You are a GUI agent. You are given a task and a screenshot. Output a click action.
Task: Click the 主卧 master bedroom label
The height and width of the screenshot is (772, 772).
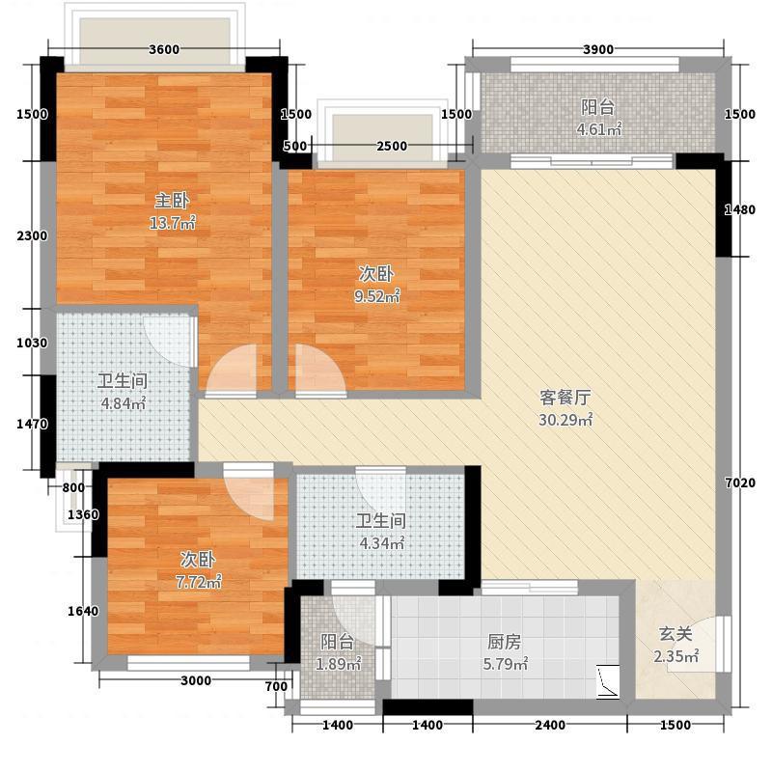172,201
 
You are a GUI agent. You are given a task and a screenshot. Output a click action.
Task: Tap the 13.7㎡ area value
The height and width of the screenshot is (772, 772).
173,223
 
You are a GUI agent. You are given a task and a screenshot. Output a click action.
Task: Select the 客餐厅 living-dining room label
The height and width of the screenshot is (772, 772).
565,398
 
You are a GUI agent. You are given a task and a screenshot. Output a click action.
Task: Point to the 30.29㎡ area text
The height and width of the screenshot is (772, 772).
565,420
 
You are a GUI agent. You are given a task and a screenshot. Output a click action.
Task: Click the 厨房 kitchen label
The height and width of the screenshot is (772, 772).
504,642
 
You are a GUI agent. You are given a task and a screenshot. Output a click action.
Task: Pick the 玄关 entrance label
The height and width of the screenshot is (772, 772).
675,634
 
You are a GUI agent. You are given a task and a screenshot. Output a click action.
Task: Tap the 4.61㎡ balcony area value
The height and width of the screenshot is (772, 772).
598,129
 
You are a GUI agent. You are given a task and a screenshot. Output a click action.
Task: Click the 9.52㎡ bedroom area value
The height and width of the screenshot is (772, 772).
376,296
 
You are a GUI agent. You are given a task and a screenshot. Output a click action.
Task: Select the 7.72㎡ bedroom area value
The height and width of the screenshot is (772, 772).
199,582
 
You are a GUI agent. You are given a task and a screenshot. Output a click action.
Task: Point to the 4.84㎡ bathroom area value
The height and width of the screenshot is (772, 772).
124,403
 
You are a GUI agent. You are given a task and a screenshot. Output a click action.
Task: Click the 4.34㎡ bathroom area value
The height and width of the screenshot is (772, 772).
381,543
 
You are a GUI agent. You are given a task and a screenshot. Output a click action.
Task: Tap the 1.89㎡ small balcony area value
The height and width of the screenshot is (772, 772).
338,664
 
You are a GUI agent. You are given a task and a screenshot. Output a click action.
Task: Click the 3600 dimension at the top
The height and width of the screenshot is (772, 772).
164,49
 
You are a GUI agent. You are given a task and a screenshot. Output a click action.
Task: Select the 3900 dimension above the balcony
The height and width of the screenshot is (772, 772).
598,49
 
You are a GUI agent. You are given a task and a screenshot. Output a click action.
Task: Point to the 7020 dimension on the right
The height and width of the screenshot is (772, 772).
740,483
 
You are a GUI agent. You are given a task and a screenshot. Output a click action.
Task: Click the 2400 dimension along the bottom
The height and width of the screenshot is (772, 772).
550,725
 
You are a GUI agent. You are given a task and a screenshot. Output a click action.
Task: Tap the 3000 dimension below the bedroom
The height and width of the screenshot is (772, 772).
196,680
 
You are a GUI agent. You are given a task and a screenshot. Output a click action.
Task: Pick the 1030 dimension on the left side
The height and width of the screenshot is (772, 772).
32,343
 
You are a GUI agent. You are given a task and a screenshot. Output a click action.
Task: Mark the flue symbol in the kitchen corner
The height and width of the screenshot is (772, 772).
608,681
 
